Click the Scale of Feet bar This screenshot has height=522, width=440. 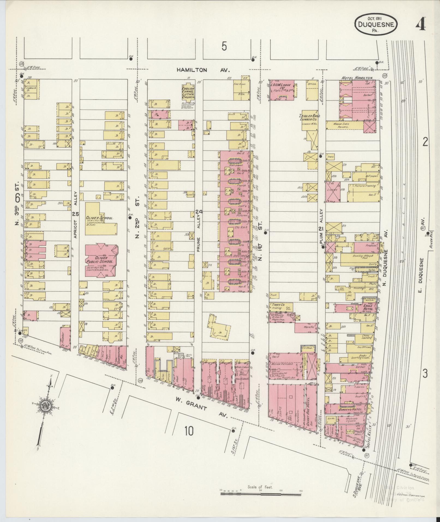pos(261,494)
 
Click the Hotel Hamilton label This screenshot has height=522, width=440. pos(357,78)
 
